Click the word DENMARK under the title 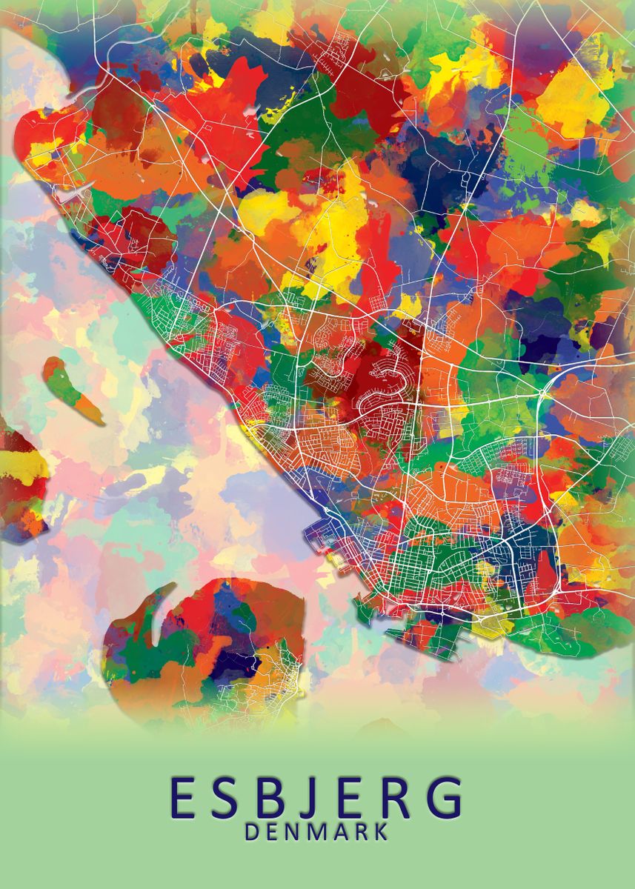pos(316,832)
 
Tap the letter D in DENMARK pos(251,832)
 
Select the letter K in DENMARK pos(380,832)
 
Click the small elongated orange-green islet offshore pos(71,389)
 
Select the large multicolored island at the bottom pos(215,652)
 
